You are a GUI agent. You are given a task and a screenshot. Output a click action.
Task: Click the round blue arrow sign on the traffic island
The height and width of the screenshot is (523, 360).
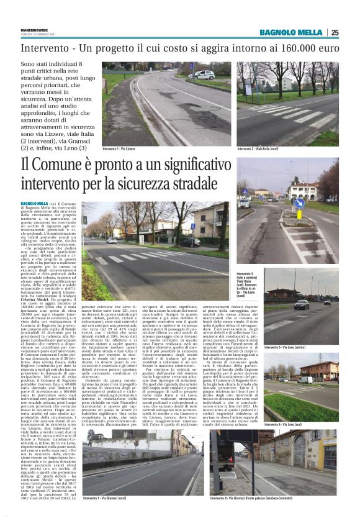(299, 202)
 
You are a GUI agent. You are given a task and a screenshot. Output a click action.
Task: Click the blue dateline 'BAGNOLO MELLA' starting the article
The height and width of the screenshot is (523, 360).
(35, 203)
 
